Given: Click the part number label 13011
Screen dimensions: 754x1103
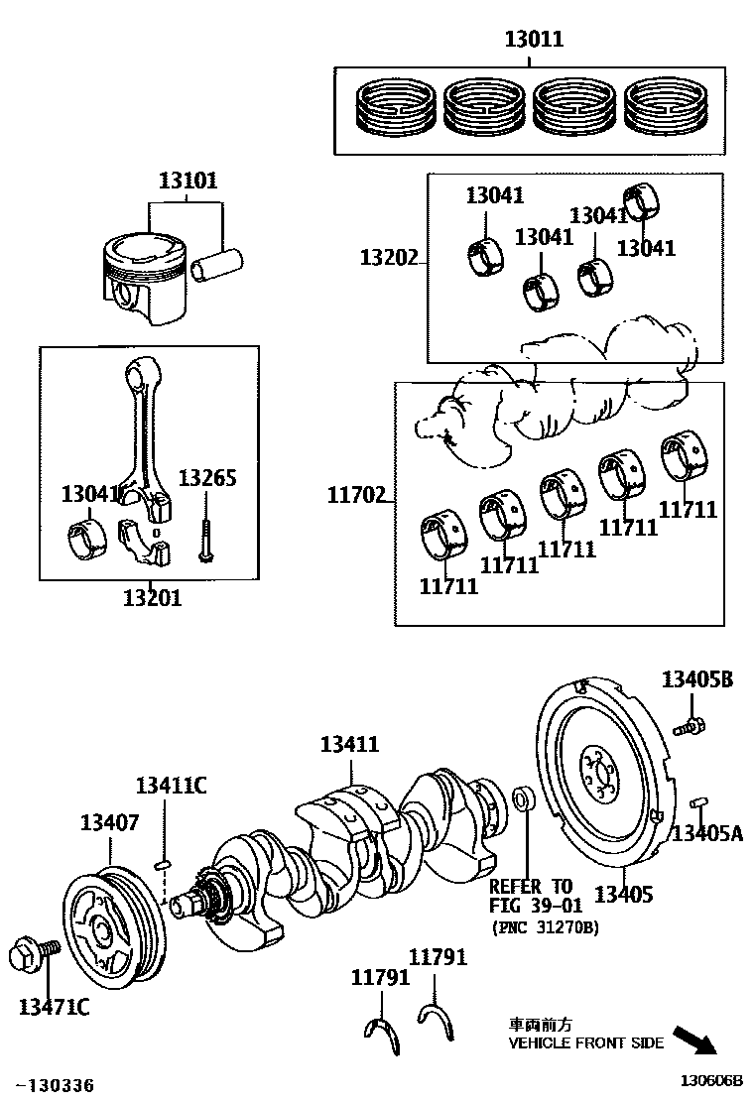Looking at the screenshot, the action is (534, 39).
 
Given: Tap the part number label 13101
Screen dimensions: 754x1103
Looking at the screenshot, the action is (188, 181).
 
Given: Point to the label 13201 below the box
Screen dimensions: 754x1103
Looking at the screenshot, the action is (153, 599).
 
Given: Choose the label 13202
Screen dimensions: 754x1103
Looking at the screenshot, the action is (389, 258).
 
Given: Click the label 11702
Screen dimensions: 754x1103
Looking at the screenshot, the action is (356, 496).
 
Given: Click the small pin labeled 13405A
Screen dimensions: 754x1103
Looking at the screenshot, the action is (699, 801).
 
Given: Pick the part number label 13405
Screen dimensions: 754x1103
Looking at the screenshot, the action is (624, 894).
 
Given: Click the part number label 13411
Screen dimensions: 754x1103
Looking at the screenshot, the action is (349, 744).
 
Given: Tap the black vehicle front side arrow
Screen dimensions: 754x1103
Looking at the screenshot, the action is (694, 1042).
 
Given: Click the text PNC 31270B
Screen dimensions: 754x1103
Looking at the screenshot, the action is (546, 927).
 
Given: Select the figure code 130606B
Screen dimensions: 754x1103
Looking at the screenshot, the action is (710, 1081).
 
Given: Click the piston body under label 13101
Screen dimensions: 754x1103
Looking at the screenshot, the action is (146, 279).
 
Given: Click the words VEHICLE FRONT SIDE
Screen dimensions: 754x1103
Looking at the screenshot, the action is (586, 1042).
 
